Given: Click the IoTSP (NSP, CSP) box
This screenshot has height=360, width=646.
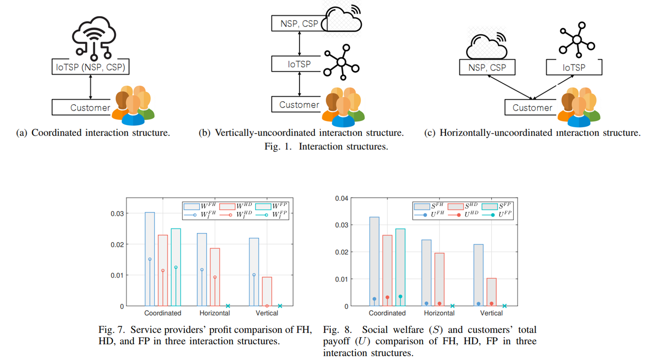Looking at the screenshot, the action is [90, 66].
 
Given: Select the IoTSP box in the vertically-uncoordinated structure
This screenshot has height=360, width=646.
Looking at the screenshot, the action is [296, 64].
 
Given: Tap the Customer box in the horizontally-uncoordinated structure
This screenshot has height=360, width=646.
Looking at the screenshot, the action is [531, 107].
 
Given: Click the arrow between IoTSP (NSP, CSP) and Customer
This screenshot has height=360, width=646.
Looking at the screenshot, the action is [90, 87].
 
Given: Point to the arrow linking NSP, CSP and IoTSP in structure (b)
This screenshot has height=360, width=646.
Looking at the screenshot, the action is [299, 43].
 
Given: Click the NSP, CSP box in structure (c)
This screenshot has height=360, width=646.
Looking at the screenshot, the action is [487, 67].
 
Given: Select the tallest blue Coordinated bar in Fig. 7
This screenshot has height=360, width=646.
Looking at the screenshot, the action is [150, 259].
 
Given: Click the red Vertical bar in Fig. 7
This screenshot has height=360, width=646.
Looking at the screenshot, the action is [267, 291].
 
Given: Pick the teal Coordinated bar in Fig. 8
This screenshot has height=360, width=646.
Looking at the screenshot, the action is [400, 267].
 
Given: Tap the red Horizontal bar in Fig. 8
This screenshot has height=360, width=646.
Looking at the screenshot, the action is [439, 279].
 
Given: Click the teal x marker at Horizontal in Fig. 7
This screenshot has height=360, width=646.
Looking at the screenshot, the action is [228, 306].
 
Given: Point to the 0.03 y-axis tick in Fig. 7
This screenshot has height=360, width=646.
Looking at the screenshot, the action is [117, 214].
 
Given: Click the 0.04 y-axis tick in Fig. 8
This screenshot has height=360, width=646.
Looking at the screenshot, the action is [342, 199].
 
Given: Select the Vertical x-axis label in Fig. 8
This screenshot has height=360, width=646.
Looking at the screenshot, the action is [491, 313].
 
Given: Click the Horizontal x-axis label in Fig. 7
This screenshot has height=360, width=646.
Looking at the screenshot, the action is [215, 313].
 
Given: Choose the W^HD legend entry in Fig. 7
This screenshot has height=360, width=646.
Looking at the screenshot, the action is [236, 206].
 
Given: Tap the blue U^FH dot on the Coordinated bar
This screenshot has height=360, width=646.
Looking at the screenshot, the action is [374, 299].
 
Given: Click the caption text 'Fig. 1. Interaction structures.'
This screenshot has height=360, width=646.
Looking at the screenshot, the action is [326, 146].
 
